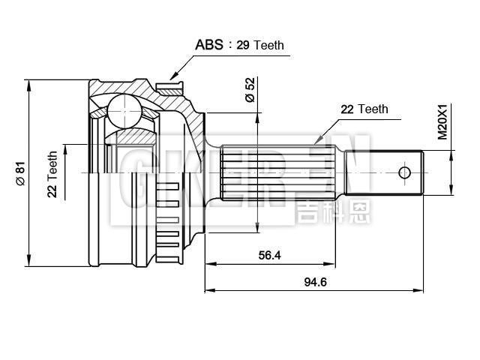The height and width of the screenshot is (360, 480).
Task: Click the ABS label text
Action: (x=209, y=44)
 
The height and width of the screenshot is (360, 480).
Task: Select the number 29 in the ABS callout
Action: (x=242, y=45)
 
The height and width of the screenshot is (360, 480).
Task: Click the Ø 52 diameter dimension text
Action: (x=250, y=91)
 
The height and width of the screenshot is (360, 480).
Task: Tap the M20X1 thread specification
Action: (x=442, y=122)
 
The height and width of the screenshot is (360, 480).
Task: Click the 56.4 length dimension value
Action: (x=269, y=255)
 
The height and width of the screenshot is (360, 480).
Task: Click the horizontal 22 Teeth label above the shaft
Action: (x=364, y=109)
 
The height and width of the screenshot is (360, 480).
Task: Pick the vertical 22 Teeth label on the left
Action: (x=52, y=175)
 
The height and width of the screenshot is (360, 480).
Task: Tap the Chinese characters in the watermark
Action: (x=333, y=211)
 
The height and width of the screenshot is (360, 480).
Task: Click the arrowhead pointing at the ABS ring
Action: (x=173, y=75)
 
